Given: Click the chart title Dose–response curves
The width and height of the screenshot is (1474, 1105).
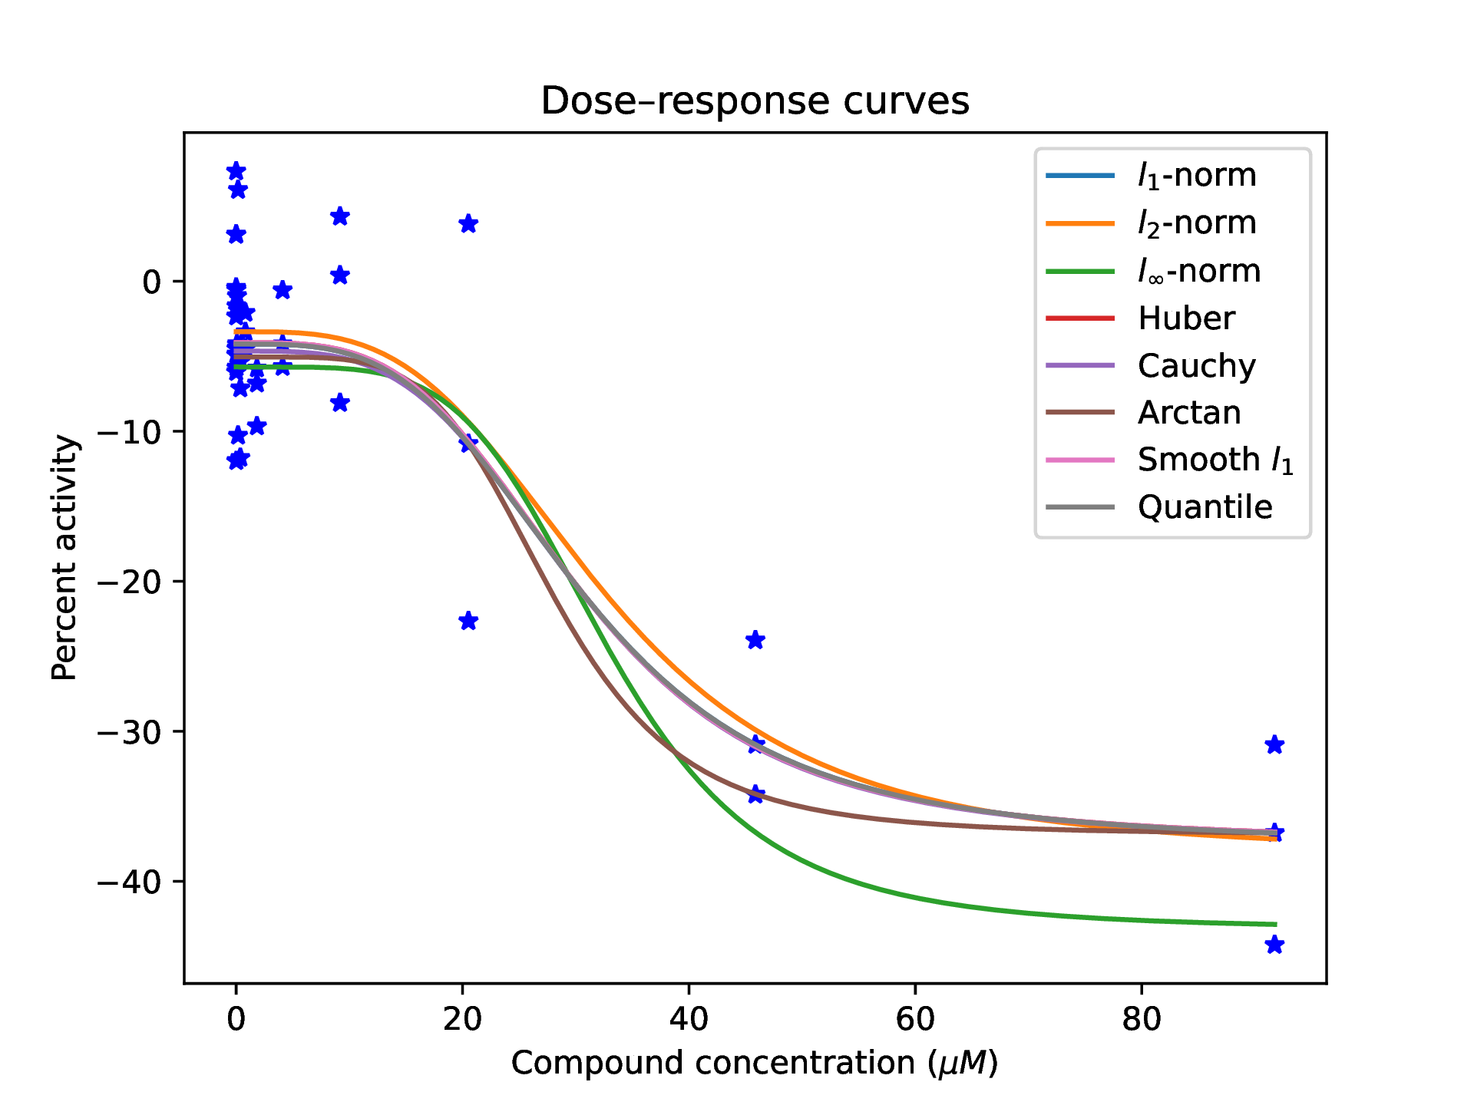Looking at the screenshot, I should point(755,101).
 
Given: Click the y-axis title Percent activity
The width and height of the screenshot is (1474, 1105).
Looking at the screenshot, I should point(64,558).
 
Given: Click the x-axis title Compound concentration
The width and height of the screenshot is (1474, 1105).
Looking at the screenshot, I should point(755,1064).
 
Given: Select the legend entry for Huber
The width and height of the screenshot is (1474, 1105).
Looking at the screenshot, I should point(1186,318).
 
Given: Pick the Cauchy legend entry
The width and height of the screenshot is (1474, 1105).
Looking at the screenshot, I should point(1196,366).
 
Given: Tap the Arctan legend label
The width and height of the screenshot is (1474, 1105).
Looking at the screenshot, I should point(1188,413).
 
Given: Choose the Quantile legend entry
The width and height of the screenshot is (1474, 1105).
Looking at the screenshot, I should point(1205,507).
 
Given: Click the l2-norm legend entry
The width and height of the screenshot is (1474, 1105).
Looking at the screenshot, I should point(1196,223).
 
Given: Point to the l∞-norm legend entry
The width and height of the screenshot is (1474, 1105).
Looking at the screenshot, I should point(1198,271).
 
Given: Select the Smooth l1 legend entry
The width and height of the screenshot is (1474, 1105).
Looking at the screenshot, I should point(1215,460).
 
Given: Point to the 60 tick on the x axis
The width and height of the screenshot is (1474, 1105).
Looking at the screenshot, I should point(915,1019).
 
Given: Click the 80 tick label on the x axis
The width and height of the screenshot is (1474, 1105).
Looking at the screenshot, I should point(1142,1019).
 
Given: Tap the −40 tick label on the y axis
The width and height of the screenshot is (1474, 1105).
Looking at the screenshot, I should point(129,882).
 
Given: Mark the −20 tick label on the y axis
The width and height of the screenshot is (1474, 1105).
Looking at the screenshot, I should point(129,582).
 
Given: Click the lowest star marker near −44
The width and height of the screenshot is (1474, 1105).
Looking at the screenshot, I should point(1274,945).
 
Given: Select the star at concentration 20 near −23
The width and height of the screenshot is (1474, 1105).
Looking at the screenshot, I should point(468,621).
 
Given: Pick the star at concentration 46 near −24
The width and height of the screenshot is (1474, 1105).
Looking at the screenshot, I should point(755,640).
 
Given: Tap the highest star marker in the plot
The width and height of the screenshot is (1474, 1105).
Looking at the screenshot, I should point(236,171).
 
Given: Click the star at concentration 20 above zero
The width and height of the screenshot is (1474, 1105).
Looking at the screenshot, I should point(468,224).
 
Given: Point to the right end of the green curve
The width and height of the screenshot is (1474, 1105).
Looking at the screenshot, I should point(1275,924).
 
